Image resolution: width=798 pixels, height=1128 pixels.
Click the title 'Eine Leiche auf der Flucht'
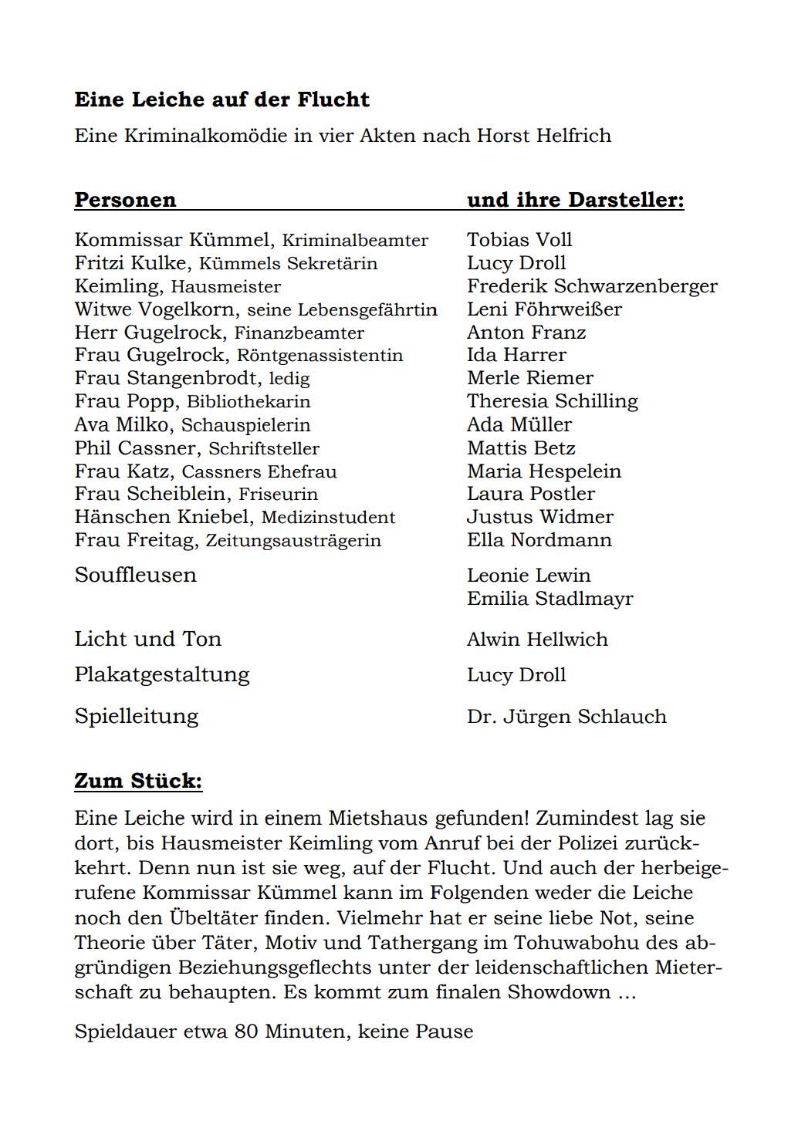coord(221,100)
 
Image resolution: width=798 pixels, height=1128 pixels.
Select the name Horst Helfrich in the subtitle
coord(543,136)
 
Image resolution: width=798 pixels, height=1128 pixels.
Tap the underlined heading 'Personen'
coord(125,200)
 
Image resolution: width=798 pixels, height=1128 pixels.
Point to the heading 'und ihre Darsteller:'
coord(575,200)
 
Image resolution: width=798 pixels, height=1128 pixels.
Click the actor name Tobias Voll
coord(519,240)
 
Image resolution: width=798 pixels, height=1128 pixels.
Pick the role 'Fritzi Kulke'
coord(130,263)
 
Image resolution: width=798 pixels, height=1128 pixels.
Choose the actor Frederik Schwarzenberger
coord(592,286)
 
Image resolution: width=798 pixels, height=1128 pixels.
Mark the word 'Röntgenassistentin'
coord(320,356)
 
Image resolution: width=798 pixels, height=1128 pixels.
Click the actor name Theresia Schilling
coord(552,401)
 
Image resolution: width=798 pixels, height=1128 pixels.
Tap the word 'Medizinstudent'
coord(328,518)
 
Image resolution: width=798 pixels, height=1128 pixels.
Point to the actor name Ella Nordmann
coord(539,540)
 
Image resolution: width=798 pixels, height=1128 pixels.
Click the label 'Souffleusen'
coord(135,576)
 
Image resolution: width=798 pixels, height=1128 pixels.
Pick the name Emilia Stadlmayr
coord(549,599)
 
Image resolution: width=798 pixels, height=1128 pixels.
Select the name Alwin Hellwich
coord(537,640)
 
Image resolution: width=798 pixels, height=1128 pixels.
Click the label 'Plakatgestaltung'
coord(162,675)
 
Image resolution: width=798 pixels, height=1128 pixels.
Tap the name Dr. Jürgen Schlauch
coord(566,717)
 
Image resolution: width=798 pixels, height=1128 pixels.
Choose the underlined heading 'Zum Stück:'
coord(138,781)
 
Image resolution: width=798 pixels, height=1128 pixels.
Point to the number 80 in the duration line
coord(246,1032)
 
